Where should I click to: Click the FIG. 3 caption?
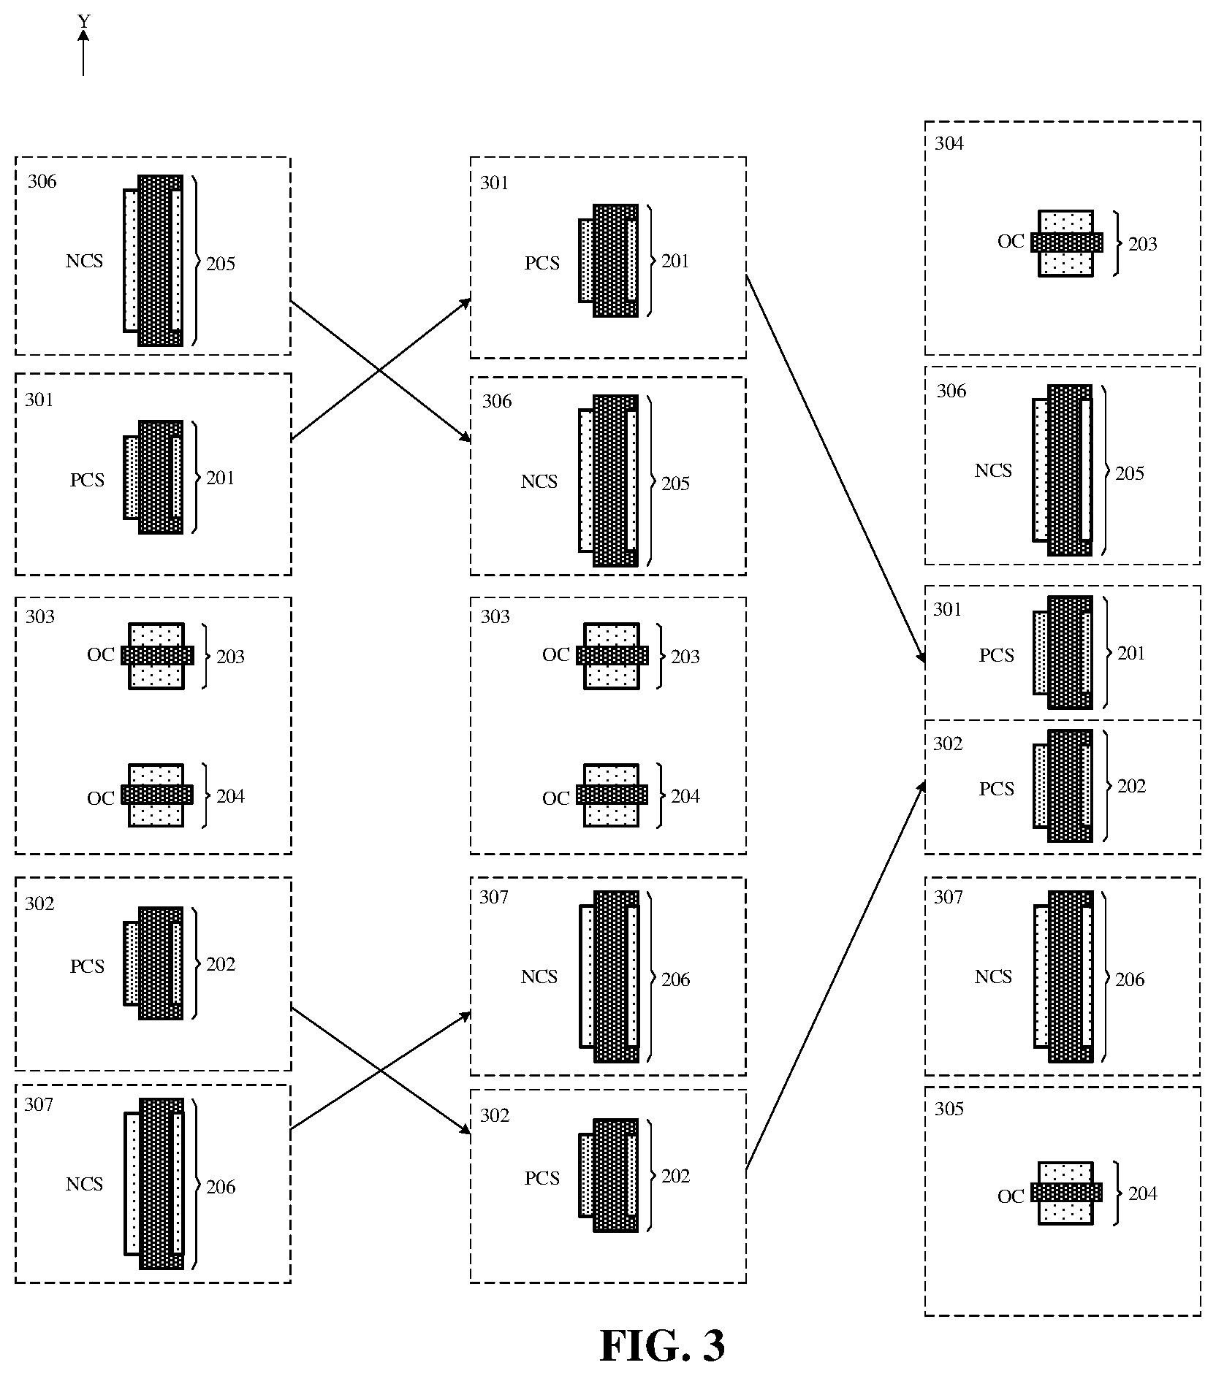662,1345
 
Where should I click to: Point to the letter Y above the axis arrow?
84,22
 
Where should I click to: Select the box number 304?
949,143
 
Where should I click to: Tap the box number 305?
949,1108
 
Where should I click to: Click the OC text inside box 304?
1011,242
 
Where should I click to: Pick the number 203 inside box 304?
1143,244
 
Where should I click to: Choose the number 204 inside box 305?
1143,1193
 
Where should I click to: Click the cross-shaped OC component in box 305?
1066,1192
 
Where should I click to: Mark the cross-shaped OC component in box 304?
1066,242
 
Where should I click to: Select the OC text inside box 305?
1011,1196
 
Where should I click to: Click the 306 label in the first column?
42,181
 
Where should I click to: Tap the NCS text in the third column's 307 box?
993,976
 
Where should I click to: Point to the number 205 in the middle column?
675,483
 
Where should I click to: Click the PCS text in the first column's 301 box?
87,480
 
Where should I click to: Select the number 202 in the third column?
1131,786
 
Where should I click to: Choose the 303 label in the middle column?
495,616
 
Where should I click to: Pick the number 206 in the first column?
221,1187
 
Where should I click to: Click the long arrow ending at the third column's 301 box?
835,470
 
